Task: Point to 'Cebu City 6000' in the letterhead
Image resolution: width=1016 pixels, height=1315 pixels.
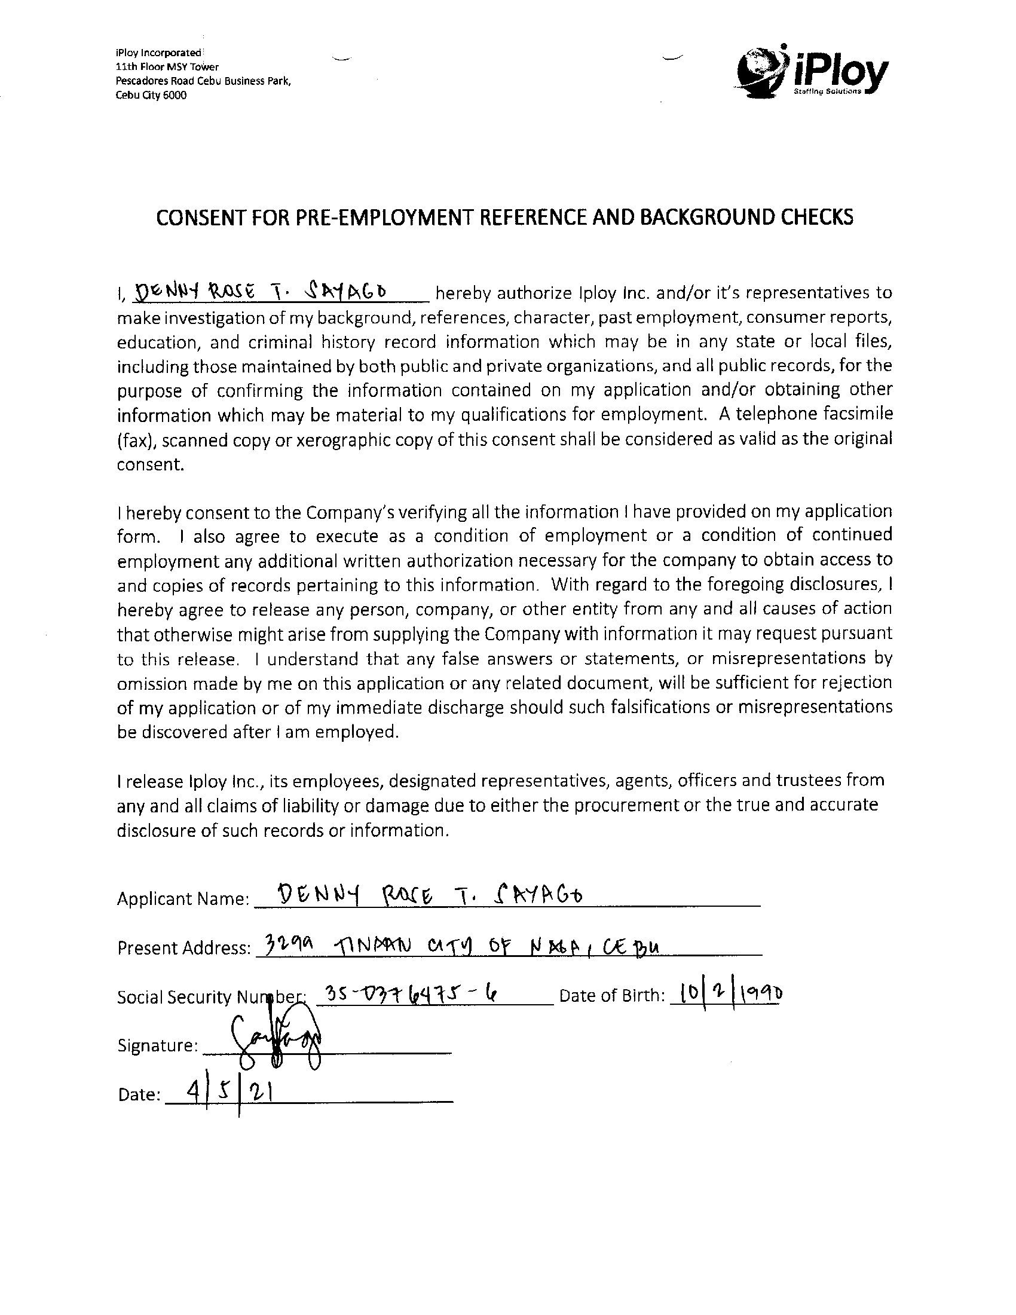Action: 151,96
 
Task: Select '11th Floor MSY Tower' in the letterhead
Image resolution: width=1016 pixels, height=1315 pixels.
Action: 167,67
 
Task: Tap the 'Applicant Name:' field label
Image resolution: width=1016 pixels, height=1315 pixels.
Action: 183,899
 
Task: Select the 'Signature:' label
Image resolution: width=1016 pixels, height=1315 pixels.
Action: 158,1046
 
